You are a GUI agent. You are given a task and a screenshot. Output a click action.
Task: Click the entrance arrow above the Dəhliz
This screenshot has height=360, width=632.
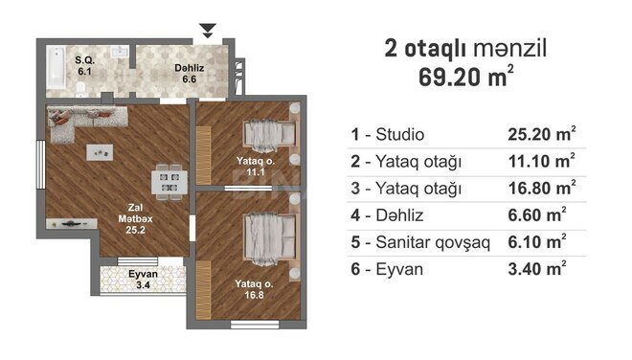point(208,31)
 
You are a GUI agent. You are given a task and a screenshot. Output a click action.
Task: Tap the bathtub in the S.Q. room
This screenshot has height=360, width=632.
point(56,68)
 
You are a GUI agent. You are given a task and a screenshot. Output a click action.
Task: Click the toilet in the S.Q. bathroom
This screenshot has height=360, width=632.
point(81,90)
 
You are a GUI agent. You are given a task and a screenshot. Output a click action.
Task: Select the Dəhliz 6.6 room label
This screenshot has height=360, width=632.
point(189,74)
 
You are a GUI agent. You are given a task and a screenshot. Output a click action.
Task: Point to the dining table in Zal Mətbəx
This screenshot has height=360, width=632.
point(169,182)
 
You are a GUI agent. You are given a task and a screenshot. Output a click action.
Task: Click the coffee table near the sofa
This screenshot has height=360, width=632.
point(100,153)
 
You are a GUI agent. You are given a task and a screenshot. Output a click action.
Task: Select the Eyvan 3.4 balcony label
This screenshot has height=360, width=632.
point(143,280)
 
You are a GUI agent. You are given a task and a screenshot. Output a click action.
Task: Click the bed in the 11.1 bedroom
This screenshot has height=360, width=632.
point(270,135)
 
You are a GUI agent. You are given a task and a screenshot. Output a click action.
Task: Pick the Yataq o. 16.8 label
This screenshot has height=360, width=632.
point(254,289)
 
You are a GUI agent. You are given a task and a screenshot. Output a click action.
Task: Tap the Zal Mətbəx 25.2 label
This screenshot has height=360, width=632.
point(135,219)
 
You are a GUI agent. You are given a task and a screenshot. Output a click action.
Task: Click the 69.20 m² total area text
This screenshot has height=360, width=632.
point(466,77)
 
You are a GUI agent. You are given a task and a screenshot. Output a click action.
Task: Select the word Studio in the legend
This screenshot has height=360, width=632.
point(400,135)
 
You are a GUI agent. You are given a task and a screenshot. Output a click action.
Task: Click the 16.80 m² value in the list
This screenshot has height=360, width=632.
point(542,188)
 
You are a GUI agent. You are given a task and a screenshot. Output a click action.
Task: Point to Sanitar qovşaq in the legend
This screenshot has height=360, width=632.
point(433,242)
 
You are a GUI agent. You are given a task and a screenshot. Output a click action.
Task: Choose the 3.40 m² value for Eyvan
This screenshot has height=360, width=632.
point(537,268)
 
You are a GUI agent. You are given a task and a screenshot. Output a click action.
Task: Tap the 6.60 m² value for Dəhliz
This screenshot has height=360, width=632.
point(537,214)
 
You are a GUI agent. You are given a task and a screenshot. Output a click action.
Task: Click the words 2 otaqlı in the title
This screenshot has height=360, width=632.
point(425,49)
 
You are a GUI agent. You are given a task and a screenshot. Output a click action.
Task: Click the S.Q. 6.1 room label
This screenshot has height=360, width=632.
point(84,66)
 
